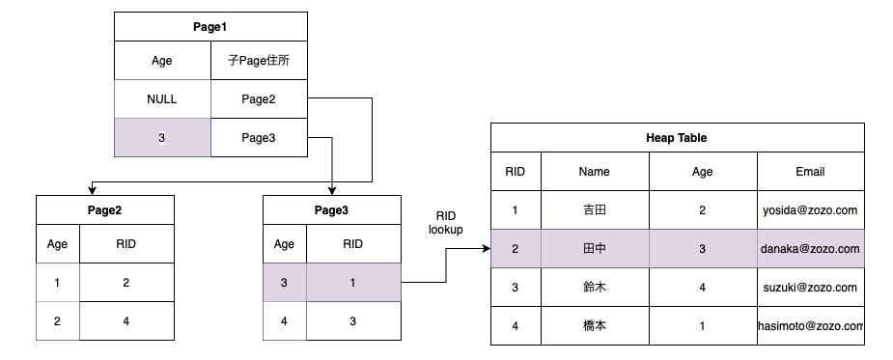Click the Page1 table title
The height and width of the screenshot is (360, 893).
(210, 27)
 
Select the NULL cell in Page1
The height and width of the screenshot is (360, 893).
(162, 99)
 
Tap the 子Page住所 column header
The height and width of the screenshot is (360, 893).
(259, 61)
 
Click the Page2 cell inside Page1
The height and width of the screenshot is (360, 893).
(259, 99)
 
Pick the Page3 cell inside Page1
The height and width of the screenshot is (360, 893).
(259, 138)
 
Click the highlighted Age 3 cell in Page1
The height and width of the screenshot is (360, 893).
(162, 138)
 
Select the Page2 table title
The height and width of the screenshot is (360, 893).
(104, 209)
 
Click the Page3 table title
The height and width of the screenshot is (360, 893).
(331, 209)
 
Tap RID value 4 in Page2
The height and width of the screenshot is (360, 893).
(126, 321)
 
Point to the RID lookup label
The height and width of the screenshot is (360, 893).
(446, 222)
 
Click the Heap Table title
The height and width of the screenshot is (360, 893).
(676, 138)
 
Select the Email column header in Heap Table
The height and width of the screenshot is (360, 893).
(809, 172)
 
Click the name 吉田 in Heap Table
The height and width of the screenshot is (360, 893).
(595, 209)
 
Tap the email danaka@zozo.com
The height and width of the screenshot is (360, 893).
(809, 249)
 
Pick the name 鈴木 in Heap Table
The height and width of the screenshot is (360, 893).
(595, 288)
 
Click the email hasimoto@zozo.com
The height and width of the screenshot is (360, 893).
(810, 326)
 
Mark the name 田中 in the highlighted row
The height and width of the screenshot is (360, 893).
(595, 249)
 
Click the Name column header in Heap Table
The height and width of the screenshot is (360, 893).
(595, 172)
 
